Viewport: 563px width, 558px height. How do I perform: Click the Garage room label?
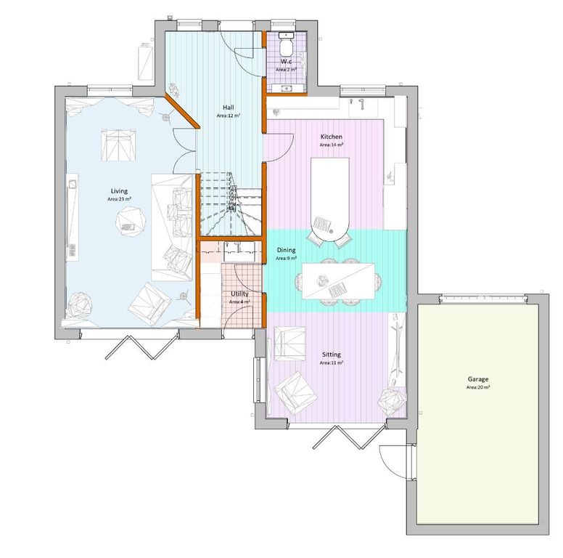point(477,379)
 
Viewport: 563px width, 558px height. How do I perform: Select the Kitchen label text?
point(331,137)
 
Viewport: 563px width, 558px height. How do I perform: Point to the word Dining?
point(286,249)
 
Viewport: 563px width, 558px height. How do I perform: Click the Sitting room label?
point(332,354)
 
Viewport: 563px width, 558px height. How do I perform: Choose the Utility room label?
point(239,294)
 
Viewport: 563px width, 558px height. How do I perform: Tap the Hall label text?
point(228,106)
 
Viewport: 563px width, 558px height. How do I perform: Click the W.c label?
point(287,62)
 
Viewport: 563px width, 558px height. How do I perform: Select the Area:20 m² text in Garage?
point(477,388)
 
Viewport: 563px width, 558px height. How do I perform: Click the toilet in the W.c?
point(287,45)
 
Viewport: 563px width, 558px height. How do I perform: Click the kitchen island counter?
point(330,196)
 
